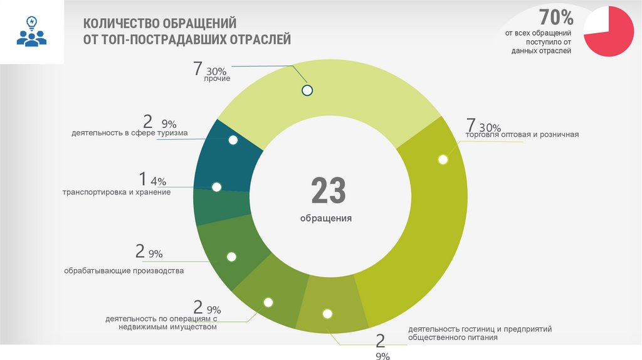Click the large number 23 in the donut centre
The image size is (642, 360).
329,191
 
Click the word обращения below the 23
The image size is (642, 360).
325,219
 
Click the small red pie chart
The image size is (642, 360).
608,31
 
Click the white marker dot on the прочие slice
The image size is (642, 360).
307,90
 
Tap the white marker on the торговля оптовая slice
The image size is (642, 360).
443,159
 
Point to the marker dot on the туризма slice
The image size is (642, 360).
233,140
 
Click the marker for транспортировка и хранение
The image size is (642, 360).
217,187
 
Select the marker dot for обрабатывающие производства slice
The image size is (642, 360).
231,257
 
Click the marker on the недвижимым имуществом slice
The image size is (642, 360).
268,302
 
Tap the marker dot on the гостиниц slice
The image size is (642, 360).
327,314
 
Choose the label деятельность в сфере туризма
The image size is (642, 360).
129,133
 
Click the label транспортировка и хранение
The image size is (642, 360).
117,192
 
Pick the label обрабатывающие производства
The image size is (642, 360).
124,271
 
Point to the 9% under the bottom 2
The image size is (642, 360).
382,356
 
